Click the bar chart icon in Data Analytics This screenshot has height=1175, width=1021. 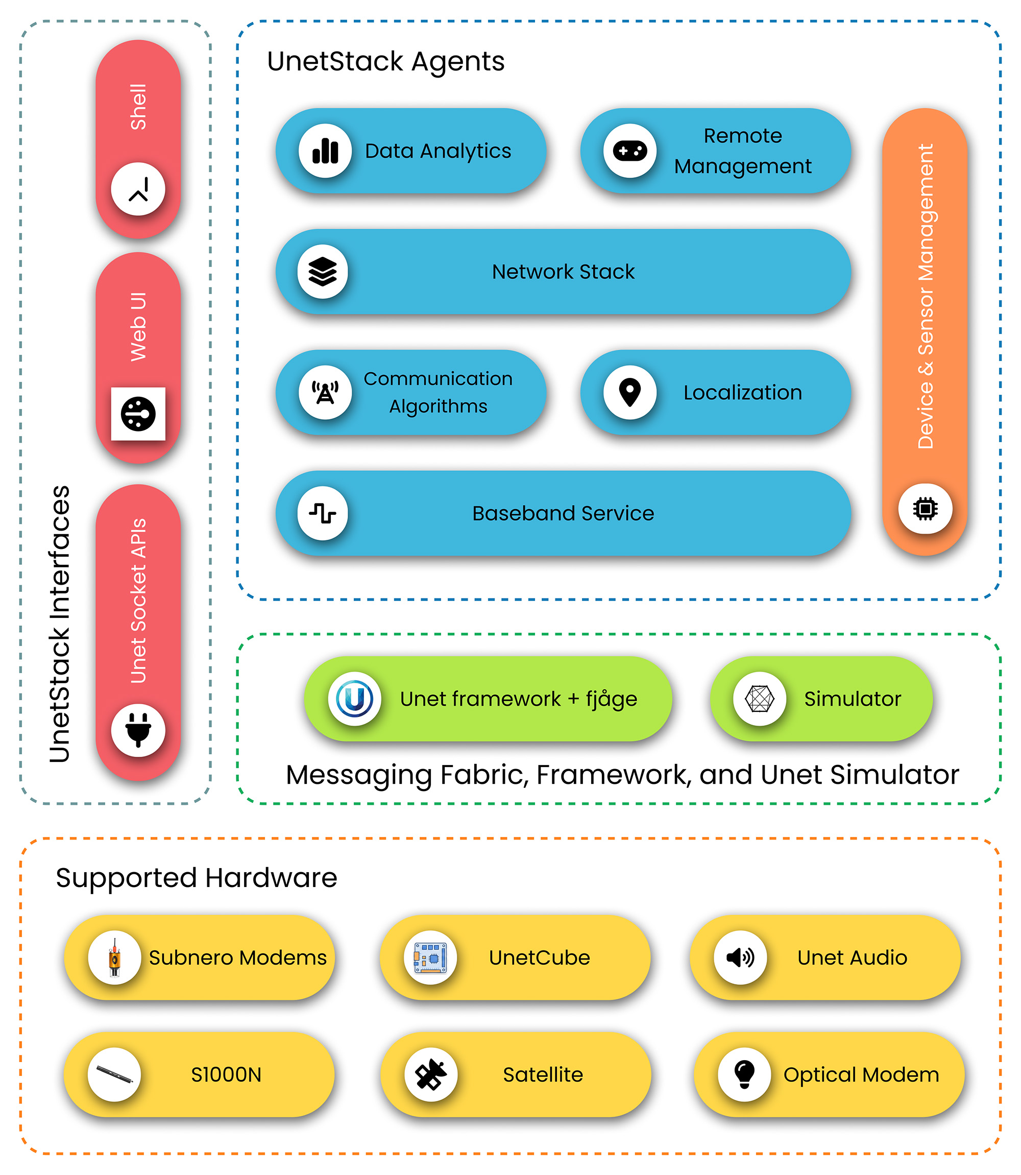tap(325, 151)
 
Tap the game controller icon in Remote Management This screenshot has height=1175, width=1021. tap(629, 151)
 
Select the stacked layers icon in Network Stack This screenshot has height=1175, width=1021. tap(323, 272)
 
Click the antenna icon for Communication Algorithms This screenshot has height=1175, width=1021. tap(325, 393)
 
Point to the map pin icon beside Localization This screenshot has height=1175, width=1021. tap(629, 393)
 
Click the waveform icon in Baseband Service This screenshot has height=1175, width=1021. tap(323, 513)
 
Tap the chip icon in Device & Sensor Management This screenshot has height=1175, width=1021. tap(925, 508)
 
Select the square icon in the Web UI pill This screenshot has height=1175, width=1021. tap(138, 414)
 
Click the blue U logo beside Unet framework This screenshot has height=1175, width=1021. tap(354, 699)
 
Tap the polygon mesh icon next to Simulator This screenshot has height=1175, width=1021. tap(760, 699)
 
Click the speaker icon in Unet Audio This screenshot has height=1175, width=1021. tap(740, 957)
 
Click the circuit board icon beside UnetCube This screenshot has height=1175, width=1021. tap(430, 957)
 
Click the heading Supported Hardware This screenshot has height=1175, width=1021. tap(197, 877)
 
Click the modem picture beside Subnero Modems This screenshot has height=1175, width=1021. tap(114, 957)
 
